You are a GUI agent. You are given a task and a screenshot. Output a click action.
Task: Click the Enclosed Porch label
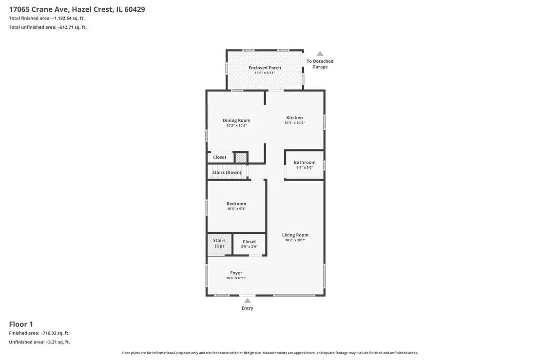(x=265, y=68)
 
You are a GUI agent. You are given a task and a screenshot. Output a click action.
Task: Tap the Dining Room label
(x=236, y=120)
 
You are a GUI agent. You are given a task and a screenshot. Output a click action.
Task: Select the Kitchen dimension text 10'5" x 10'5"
(x=294, y=123)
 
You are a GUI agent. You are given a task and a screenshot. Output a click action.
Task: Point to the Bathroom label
(x=305, y=162)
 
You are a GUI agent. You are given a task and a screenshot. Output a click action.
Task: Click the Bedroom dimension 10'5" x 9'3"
(x=236, y=209)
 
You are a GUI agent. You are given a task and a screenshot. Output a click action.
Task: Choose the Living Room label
(x=295, y=235)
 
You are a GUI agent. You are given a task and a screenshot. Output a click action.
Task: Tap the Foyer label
(x=236, y=273)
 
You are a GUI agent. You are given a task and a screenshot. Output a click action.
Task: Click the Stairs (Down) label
(x=227, y=172)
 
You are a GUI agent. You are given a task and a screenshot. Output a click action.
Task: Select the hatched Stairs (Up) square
(x=219, y=245)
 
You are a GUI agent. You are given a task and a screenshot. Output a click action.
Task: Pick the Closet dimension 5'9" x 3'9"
(x=249, y=247)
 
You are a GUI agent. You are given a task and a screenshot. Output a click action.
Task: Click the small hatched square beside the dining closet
(x=241, y=158)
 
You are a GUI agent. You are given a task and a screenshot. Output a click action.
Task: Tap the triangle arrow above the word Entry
(x=247, y=301)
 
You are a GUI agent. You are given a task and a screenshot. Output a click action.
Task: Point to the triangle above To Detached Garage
(x=320, y=54)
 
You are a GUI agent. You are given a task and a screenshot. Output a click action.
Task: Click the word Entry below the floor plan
(x=247, y=308)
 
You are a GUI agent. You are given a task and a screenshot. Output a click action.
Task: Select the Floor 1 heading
(x=21, y=324)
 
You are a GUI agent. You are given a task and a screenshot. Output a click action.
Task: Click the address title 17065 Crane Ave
(x=39, y=9)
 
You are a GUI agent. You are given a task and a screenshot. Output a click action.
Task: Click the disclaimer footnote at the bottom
(x=270, y=353)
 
